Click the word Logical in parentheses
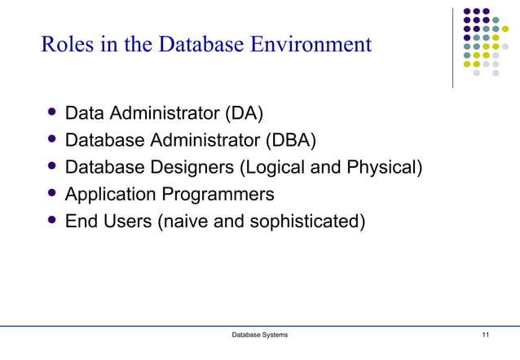(273, 168)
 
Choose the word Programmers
(222, 195)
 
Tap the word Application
(113, 195)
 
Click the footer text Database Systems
(259, 336)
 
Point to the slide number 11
(486, 336)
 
